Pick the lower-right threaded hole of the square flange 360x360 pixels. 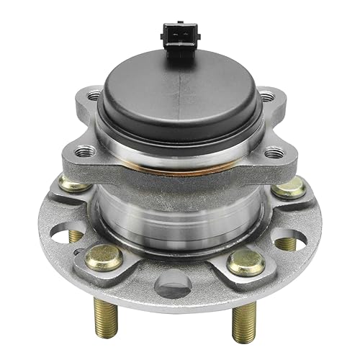(274, 153)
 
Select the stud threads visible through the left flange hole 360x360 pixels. (76, 236)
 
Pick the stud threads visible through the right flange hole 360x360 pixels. (285, 243)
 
